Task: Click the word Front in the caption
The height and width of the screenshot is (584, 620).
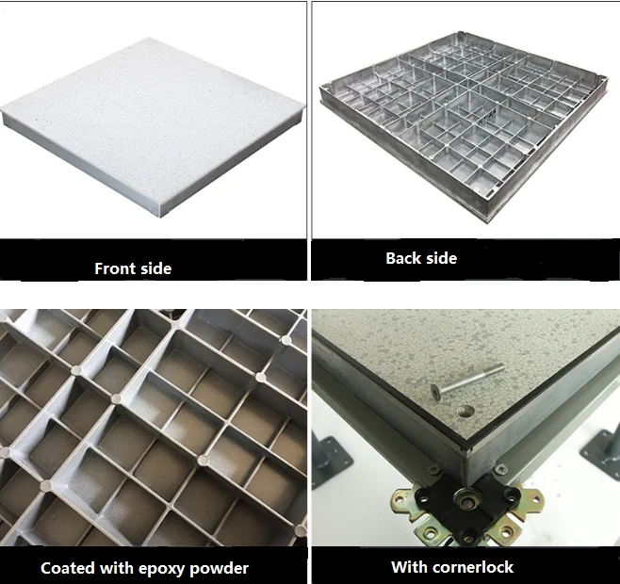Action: pyautogui.click(x=112, y=268)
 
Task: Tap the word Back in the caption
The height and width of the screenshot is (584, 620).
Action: pyautogui.click(x=403, y=258)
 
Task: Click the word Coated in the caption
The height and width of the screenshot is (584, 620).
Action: pyautogui.click(x=68, y=568)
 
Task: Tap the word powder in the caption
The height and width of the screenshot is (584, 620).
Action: pyautogui.click(x=219, y=569)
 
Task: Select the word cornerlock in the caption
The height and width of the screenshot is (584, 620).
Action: pyautogui.click(x=473, y=567)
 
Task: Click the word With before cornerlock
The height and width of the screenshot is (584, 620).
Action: pyautogui.click(x=410, y=567)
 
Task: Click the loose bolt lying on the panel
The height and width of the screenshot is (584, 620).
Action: pyautogui.click(x=467, y=380)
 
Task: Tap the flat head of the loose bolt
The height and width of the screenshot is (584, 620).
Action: pyautogui.click(x=436, y=391)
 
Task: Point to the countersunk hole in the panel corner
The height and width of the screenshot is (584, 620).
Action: pyautogui.click(x=465, y=412)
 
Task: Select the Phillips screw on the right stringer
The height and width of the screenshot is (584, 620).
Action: pyautogui.click(x=501, y=469)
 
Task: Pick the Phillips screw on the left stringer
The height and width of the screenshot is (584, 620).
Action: pyautogui.click(x=433, y=470)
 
